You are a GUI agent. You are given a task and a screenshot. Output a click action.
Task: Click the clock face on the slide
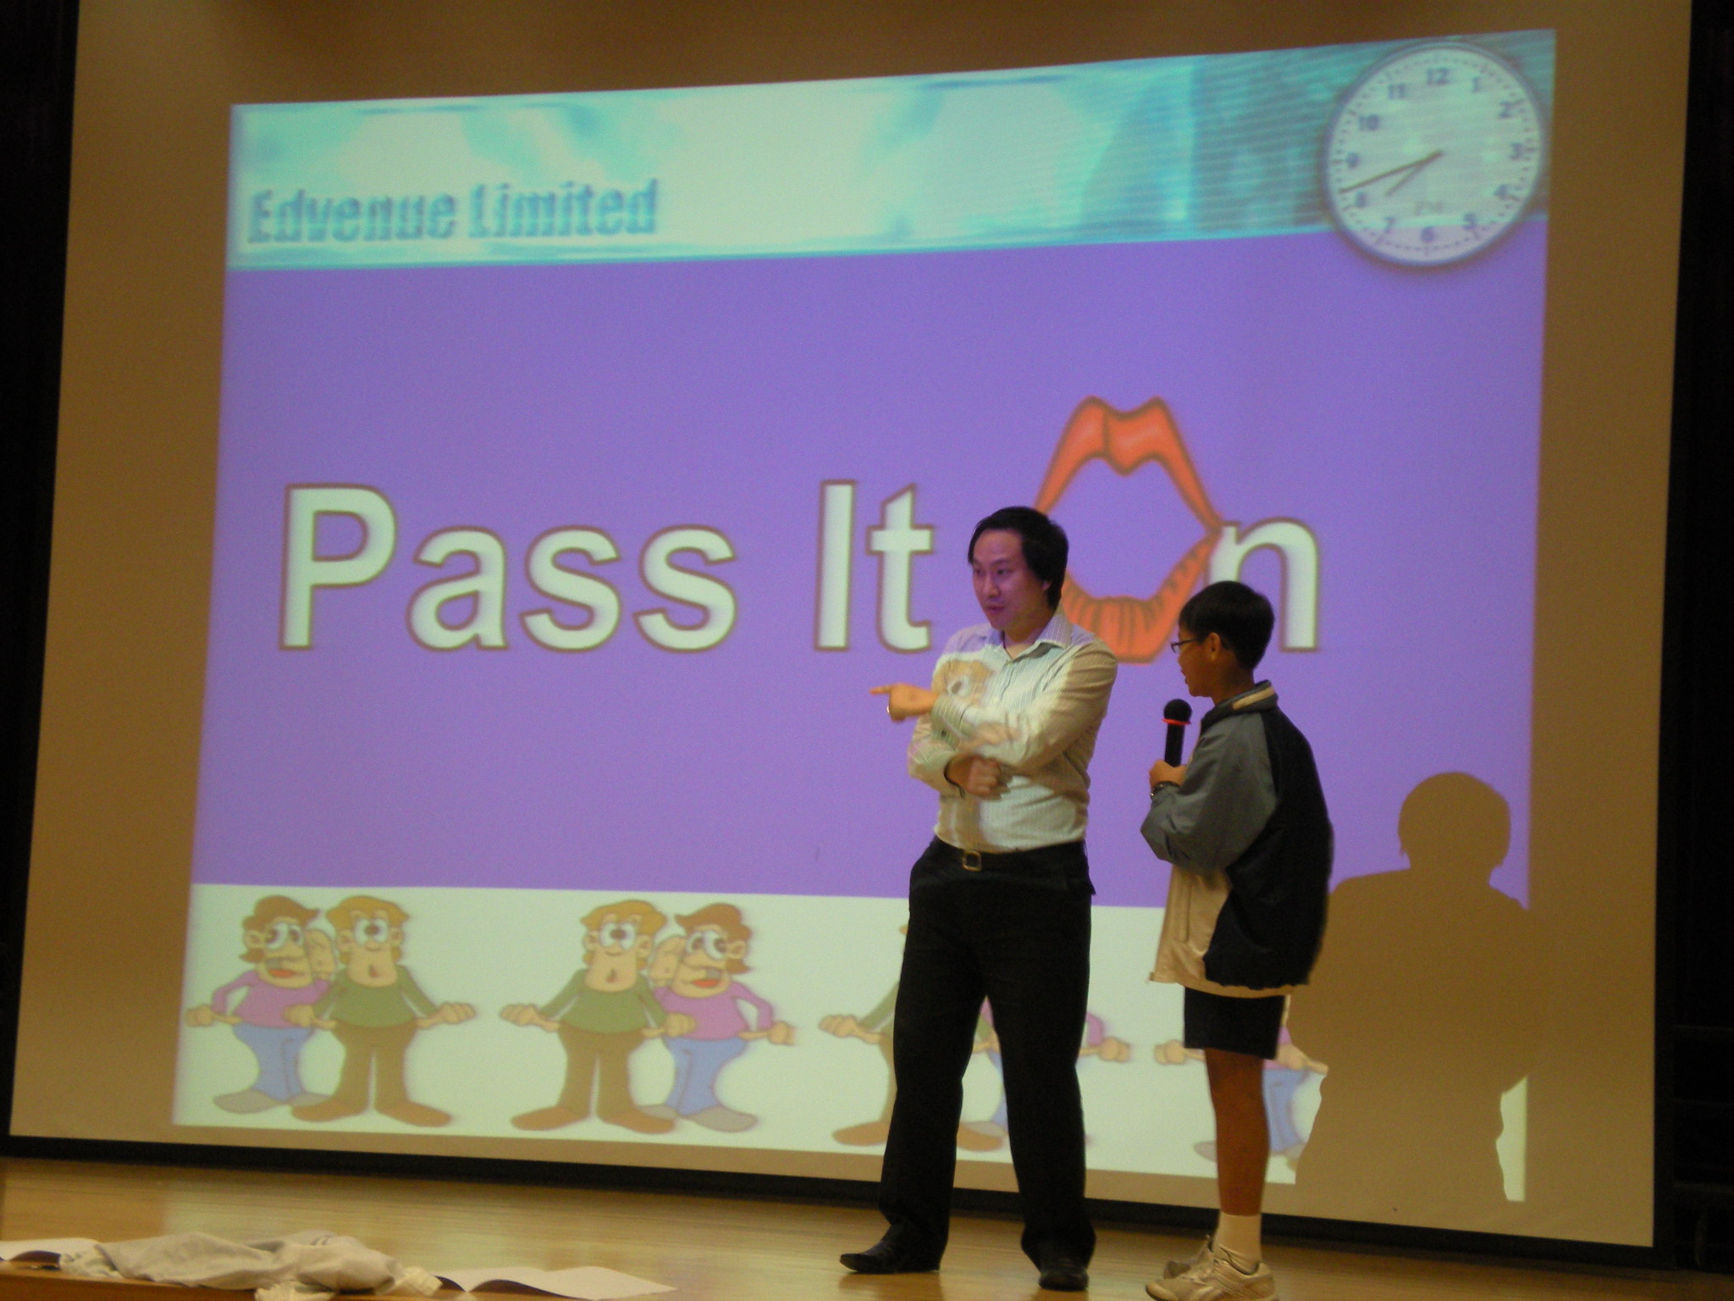tap(1433, 154)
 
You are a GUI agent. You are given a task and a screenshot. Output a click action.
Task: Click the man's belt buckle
tap(971, 861)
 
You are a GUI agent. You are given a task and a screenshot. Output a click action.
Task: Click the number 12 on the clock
tap(1436, 76)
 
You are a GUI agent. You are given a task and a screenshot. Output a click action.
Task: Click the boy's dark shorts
tap(1234, 1020)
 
